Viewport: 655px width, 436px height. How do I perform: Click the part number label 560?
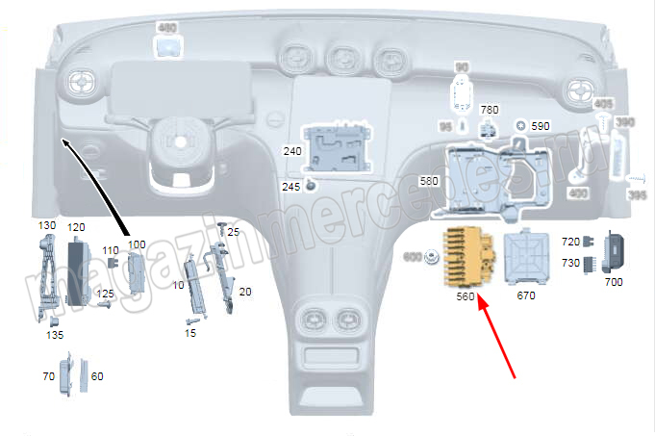point(466,297)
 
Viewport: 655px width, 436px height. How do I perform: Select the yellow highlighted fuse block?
point(467,259)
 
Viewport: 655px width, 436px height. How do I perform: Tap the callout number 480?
point(166,28)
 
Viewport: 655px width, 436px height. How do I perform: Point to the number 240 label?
point(292,151)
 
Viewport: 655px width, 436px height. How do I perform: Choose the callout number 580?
point(430,181)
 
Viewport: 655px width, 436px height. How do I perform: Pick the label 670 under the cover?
point(525,295)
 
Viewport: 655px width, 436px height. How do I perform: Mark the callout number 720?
point(570,241)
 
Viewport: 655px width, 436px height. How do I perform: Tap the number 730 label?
point(570,263)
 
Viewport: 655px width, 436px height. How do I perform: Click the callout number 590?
point(541,126)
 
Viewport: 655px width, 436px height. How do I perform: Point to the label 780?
point(490,111)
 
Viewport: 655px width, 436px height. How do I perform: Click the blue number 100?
point(137,244)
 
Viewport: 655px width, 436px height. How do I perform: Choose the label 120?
point(76,227)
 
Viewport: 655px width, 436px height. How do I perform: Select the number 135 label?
point(55,336)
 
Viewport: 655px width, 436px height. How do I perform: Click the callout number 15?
point(190,332)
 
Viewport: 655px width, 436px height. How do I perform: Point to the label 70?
point(48,376)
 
